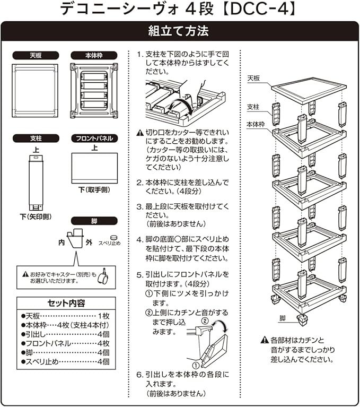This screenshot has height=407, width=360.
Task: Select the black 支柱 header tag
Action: click(x=35, y=138)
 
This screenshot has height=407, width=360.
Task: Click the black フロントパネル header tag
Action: click(x=93, y=138)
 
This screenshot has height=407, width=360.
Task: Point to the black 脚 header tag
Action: click(x=93, y=220)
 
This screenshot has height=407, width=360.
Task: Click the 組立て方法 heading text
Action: click(x=180, y=31)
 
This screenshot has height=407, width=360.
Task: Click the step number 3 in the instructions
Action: click(x=139, y=206)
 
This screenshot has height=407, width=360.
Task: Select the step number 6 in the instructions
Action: click(x=139, y=374)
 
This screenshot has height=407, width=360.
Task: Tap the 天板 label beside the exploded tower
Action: click(x=253, y=78)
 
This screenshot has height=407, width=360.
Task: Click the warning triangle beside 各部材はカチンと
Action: click(x=264, y=340)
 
